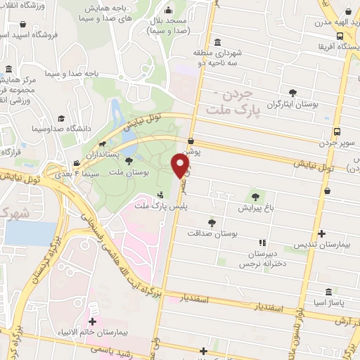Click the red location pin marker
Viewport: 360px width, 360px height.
click(x=181, y=166)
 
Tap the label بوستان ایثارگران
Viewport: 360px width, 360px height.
click(x=293, y=105)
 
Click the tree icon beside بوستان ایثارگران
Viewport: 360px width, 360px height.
click(x=293, y=92)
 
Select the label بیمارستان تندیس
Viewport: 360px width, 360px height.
click(x=322, y=246)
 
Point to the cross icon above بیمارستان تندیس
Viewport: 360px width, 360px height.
click(x=322, y=233)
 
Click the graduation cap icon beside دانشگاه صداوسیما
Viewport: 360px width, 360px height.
click(x=61, y=119)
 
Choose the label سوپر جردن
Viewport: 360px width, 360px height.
click(x=335, y=143)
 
